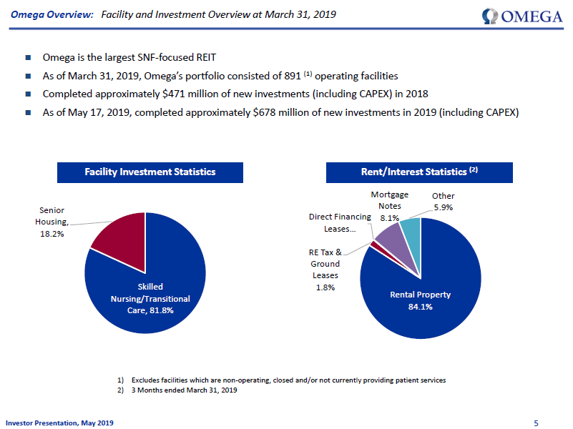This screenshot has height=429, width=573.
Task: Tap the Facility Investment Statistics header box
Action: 150,172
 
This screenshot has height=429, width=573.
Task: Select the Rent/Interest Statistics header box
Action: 419,172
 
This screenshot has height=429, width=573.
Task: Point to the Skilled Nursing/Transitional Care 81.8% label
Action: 145,299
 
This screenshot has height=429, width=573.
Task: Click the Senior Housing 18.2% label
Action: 52,222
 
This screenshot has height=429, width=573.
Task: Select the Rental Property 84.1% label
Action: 421,300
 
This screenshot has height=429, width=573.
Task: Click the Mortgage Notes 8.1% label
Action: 390,206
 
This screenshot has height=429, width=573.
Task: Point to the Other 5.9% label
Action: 443,202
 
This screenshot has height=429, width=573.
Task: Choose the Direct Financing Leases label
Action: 340,222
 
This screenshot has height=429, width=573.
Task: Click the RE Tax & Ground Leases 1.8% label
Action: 325,270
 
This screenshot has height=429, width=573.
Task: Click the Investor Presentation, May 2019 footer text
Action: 60,423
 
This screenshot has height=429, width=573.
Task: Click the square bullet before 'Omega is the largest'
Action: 28,57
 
